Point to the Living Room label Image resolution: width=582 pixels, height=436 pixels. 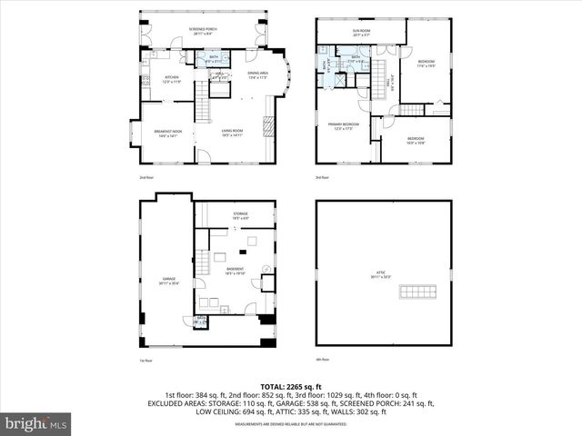pyautogui.click(x=233, y=133)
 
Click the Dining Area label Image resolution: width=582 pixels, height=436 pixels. pyautogui.click(x=257, y=74)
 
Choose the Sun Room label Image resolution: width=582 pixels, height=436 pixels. pyautogui.click(x=362, y=33)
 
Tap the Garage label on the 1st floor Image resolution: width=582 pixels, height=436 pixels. pyautogui.click(x=168, y=282)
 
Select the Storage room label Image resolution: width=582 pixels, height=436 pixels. pyautogui.click(x=240, y=216)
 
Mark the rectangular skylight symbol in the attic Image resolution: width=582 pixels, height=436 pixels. pyautogui.click(x=419, y=292)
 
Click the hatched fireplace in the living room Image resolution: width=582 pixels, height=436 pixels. pyautogui.click(x=267, y=124)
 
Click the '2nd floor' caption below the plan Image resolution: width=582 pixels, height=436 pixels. pyautogui.click(x=146, y=177)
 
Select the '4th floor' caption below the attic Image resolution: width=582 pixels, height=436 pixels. pyautogui.click(x=322, y=360)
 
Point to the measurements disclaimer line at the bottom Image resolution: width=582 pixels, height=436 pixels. pyautogui.click(x=290, y=424)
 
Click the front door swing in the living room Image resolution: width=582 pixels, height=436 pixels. pyautogui.click(x=205, y=158)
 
